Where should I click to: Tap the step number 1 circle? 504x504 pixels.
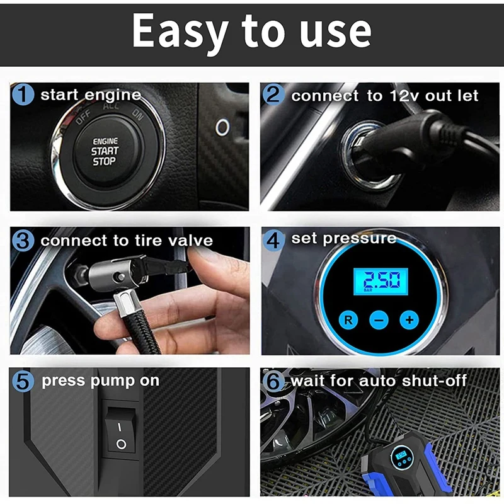click(x=23, y=96)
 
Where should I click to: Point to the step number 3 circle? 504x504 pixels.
click(x=23, y=241)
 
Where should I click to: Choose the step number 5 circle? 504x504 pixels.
click(x=23, y=381)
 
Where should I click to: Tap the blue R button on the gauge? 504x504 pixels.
click(x=348, y=319)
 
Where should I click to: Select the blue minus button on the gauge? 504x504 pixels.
click(x=379, y=319)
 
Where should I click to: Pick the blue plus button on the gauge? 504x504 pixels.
click(x=409, y=319)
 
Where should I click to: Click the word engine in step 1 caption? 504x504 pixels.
click(x=113, y=96)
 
